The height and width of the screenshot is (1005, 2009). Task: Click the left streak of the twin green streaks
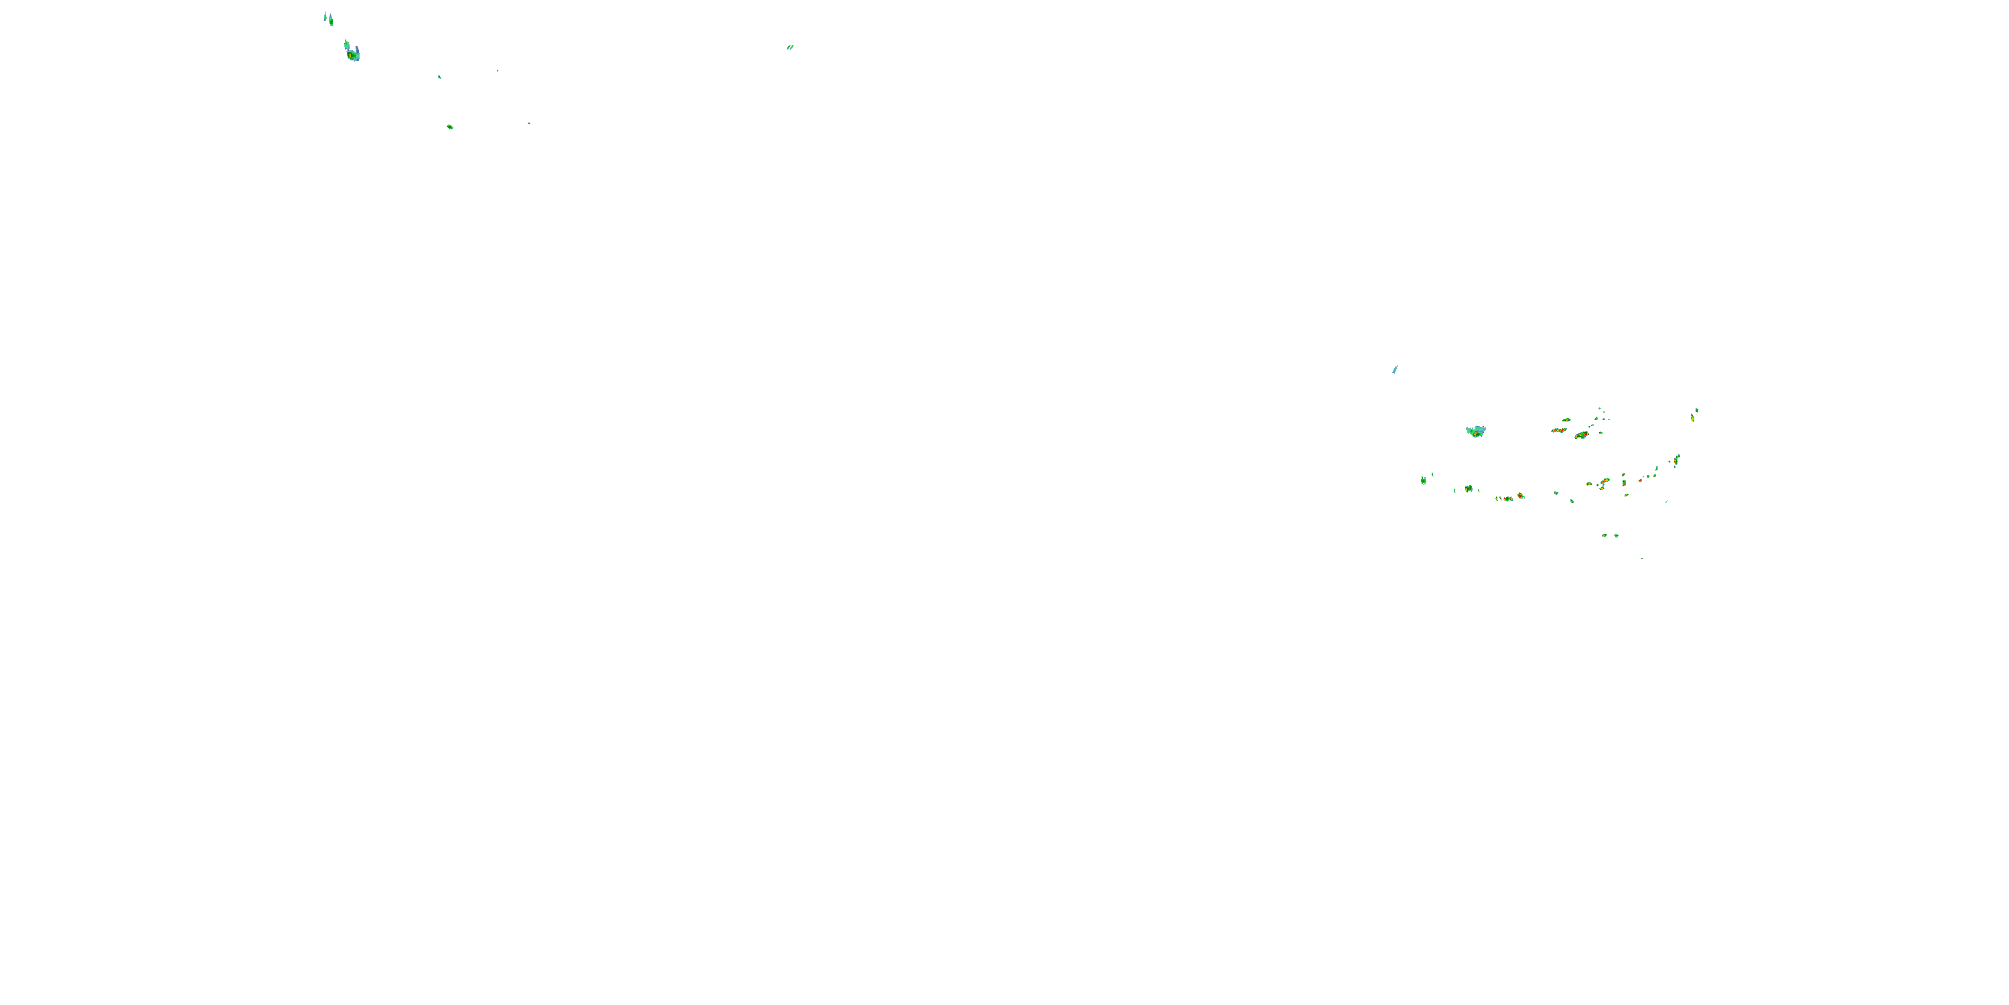point(788,48)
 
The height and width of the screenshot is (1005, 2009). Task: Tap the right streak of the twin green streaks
point(792,47)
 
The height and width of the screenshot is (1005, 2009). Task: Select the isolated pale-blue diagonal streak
point(1394,370)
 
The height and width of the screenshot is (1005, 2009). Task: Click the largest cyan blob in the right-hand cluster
point(1475,431)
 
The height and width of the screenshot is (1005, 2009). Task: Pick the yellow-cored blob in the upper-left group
point(352,55)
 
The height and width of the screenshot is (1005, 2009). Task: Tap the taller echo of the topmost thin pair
point(331,20)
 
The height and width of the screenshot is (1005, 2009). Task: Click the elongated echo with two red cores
point(1558,430)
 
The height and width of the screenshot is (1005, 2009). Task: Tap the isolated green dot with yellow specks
point(450,127)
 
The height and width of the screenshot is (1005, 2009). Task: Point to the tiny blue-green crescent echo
point(439,77)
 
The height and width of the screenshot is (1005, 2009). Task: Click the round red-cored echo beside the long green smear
point(1520,496)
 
